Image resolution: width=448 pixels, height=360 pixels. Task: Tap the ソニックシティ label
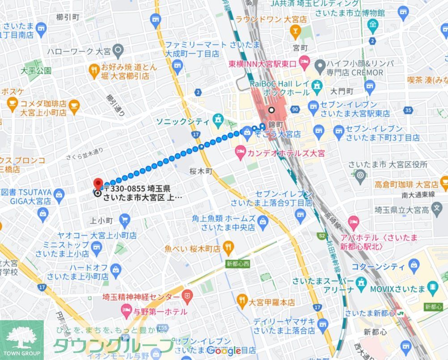point(182,121)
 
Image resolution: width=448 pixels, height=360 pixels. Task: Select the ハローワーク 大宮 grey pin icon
point(118,50)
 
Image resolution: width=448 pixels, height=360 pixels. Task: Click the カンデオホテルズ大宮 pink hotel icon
point(241,154)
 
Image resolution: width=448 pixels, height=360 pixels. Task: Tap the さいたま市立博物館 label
point(350,13)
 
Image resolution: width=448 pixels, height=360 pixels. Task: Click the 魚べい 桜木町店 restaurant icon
point(228,247)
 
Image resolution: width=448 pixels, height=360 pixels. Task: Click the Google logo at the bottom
point(224,351)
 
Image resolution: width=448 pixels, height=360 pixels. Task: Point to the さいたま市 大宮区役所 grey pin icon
point(360,176)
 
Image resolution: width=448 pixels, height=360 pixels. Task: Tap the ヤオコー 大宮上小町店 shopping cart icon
point(125,219)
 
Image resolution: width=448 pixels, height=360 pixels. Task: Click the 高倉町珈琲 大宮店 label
point(400,184)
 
